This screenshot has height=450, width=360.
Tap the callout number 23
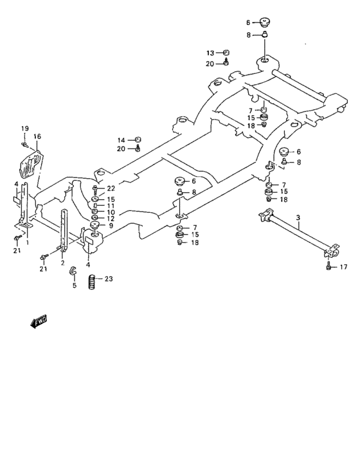108,278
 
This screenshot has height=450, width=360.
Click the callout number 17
342,266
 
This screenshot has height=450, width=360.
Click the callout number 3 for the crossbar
298,219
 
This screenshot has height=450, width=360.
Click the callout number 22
111,188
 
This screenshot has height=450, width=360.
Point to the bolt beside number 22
95,189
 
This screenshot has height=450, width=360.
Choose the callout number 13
210,53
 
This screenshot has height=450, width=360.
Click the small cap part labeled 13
226,52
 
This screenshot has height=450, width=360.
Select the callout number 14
120,139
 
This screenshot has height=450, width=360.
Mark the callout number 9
111,226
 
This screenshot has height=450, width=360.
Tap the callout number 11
111,206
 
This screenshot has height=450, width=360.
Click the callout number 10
111,212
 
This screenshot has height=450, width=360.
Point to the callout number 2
62,262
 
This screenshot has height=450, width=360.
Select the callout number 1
27,242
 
